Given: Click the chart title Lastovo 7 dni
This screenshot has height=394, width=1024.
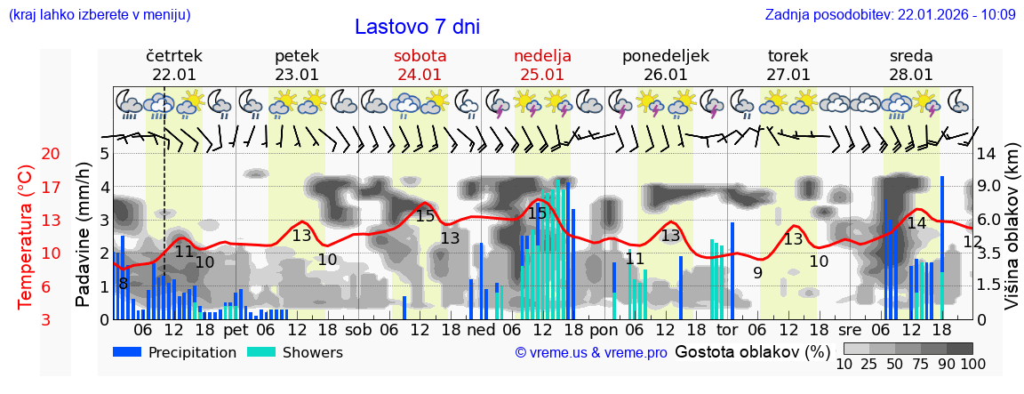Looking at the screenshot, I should coord(417,27).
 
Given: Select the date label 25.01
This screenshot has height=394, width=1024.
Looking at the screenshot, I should coord(542,75).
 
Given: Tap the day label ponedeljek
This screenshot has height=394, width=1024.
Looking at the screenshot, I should coord(665,56).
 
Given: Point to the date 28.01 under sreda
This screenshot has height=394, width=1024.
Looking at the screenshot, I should coord(911,75).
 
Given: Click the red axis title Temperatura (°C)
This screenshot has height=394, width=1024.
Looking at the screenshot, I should coord(26,237).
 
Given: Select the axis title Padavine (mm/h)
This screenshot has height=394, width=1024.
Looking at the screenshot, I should coord(84,235).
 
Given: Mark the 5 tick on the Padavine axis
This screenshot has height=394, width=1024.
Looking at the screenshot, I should coord(104,154).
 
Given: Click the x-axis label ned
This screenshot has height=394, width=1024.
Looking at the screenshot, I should coord(481,329).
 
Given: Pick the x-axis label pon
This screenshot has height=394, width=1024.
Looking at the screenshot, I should coord(604,329).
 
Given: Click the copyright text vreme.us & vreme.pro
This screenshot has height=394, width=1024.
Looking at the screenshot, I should coord(590,352).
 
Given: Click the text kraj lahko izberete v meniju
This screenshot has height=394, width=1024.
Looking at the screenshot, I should coord(100,14).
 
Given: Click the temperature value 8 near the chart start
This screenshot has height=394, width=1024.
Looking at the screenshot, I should coord(123,283).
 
